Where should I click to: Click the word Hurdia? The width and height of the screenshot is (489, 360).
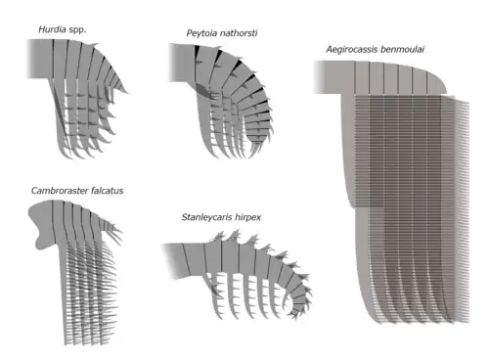(x=55, y=30)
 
